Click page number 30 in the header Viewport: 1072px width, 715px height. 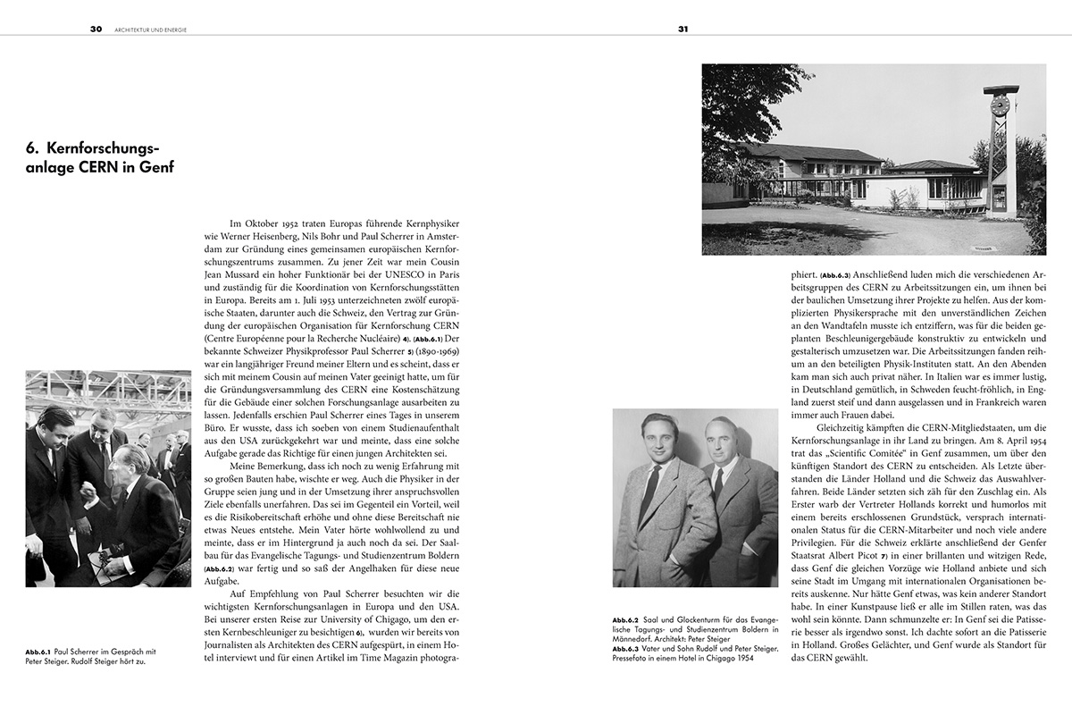point(96,29)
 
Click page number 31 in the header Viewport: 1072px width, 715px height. point(683,29)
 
